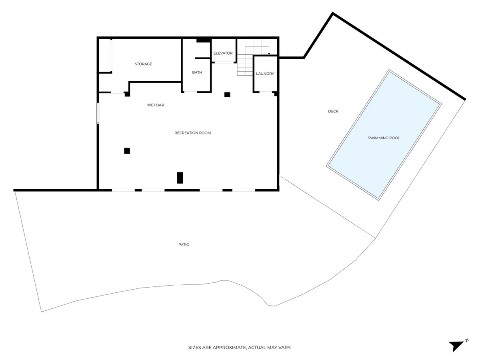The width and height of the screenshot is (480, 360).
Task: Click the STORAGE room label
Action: click(143, 64)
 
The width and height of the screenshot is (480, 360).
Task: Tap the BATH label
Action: click(197, 72)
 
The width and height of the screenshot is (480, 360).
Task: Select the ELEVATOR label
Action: click(223, 53)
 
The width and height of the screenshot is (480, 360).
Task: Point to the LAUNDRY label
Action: click(265, 74)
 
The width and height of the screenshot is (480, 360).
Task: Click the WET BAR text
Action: click(156, 105)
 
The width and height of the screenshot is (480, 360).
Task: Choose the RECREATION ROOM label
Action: click(192, 133)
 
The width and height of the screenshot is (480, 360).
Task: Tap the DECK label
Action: click(333, 111)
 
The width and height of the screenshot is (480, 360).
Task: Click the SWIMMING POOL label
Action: click(384, 138)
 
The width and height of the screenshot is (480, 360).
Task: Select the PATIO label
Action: click(184, 244)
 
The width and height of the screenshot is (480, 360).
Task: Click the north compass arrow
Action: click(456, 345)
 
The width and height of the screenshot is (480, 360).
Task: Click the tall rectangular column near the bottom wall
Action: click(180, 178)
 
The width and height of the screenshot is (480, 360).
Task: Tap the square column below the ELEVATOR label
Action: click(227, 94)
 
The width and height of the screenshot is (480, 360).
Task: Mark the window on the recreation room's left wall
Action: click(97, 113)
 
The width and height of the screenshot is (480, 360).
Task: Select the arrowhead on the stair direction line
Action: click(269, 54)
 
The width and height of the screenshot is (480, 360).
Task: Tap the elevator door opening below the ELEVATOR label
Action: click(223, 62)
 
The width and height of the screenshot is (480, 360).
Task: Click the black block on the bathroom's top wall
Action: click(203, 40)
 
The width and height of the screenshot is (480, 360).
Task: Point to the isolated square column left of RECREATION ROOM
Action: click(127, 151)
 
